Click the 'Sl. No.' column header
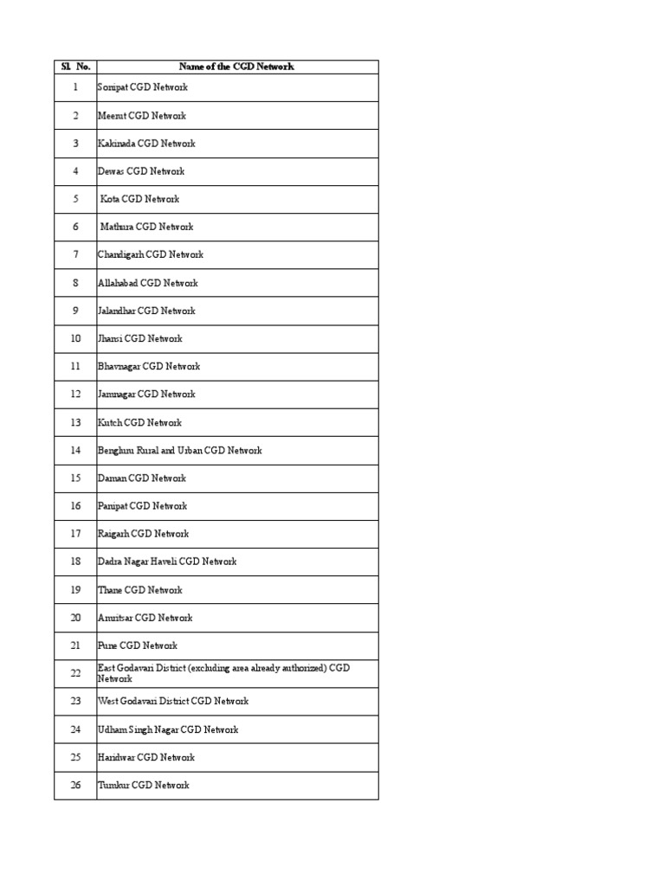[x=75, y=67]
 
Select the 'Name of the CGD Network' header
[x=236, y=67]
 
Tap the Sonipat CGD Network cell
[x=143, y=87]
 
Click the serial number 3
[x=75, y=144]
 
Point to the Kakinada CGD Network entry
[x=146, y=144]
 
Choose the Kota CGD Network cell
[x=140, y=199]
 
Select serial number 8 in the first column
[x=75, y=283]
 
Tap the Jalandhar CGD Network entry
[x=146, y=311]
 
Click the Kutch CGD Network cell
[x=139, y=422]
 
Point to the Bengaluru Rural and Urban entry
[x=179, y=450]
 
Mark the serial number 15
[x=75, y=478]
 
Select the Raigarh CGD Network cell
[x=143, y=534]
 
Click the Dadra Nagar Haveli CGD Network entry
[x=167, y=562]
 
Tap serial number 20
[x=75, y=618]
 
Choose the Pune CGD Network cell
[x=138, y=645]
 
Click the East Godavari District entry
[x=223, y=673]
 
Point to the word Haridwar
[x=116, y=757]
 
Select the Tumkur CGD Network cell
[x=144, y=785]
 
